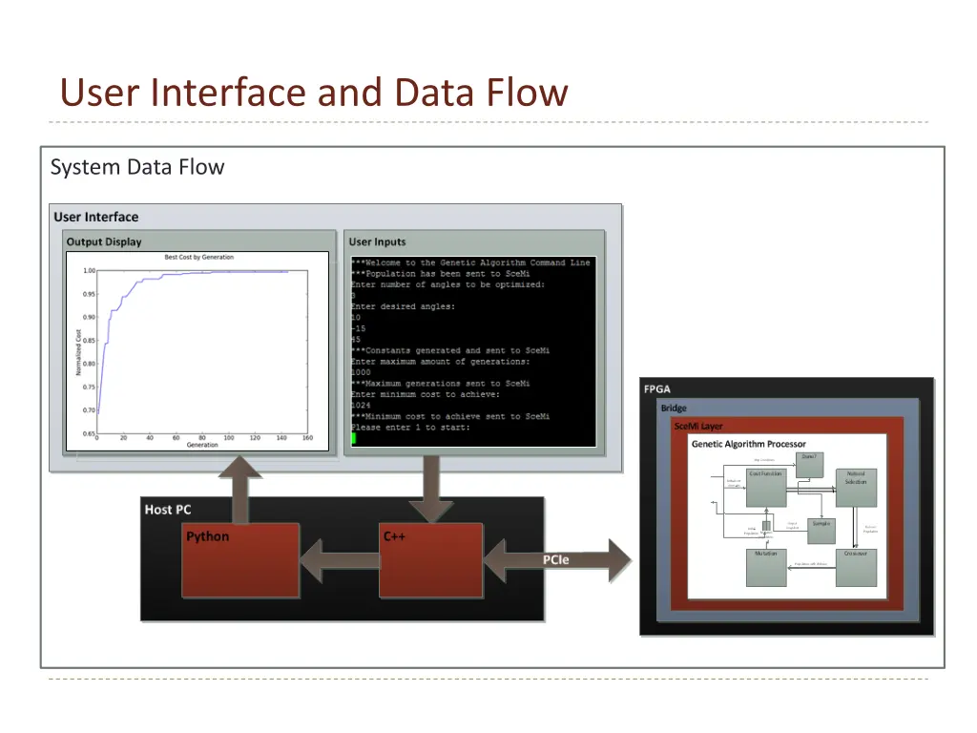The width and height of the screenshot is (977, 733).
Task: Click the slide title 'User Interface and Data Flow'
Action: [314, 94]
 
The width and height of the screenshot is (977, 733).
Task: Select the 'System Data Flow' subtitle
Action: [137, 167]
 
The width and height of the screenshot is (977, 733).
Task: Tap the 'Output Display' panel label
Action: [104, 241]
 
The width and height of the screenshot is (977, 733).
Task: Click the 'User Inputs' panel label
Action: [377, 241]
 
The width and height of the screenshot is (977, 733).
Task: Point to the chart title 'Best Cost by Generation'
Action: [198, 258]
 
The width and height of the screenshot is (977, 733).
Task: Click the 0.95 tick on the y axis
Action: [89, 294]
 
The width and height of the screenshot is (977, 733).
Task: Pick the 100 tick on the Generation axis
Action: [229, 438]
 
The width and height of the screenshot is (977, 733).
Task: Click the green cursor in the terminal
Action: [353, 438]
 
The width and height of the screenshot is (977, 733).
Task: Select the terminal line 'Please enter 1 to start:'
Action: [410, 428]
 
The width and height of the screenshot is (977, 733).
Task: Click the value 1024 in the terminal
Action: [361, 406]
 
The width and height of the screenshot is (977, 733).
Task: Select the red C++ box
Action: [429, 560]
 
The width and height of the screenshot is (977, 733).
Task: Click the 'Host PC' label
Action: [168, 510]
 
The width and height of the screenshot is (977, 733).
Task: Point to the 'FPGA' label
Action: [656, 388]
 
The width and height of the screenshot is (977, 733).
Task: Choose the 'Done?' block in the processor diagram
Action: [809, 460]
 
